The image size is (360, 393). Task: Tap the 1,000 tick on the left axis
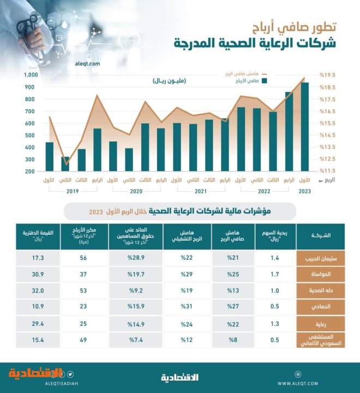(x=30, y=75)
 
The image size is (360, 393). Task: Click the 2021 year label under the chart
(x=200, y=191)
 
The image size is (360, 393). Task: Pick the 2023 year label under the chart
(x=304, y=191)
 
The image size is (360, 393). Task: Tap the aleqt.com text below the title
(x=86, y=64)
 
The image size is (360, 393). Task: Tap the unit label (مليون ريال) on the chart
(x=169, y=81)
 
